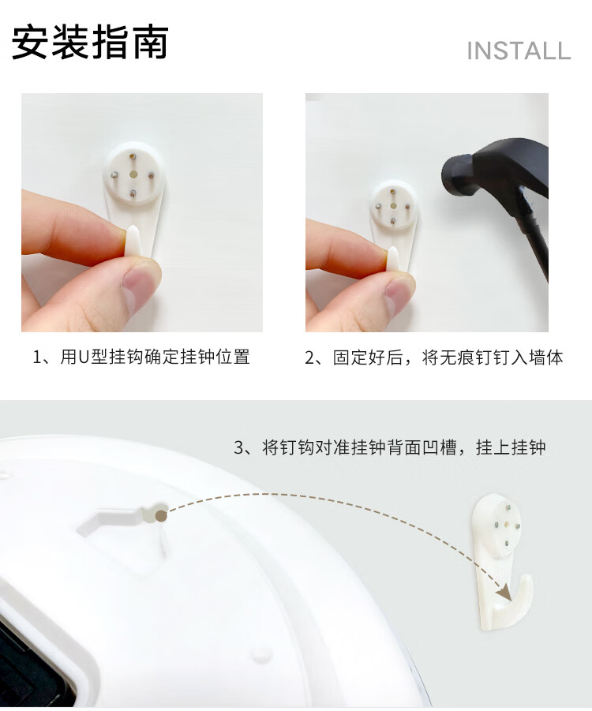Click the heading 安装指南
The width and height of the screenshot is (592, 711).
pyautogui.click(x=90, y=42)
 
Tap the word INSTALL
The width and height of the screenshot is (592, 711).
pyautogui.click(x=519, y=51)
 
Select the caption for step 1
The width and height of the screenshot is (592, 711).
pyautogui.click(x=141, y=357)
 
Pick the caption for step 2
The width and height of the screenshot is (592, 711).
pyautogui.click(x=434, y=357)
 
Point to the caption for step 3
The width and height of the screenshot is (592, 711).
pyautogui.click(x=390, y=447)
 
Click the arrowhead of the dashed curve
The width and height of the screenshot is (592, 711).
pyautogui.click(x=504, y=591)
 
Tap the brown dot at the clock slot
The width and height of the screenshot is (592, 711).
pyautogui.click(x=160, y=515)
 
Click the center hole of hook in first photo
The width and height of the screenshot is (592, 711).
pyautogui.click(x=133, y=174)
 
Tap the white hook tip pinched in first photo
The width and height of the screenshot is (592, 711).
pyautogui.click(x=133, y=240)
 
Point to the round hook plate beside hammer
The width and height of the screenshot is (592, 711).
pyautogui.click(x=393, y=204)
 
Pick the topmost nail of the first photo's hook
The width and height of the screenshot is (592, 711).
pyautogui.click(x=132, y=156)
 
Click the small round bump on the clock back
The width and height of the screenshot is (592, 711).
pyautogui.click(x=262, y=654)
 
